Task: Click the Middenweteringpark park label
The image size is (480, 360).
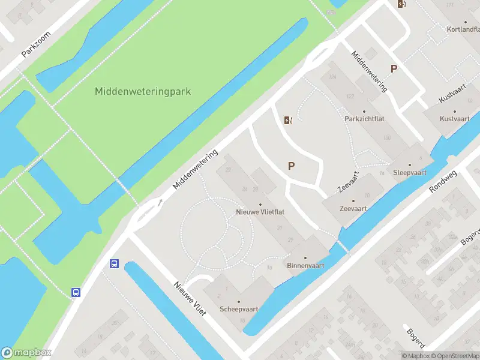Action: coord(143,92)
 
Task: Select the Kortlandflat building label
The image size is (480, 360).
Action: coord(464,29)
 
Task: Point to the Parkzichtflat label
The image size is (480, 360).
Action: coord(364,119)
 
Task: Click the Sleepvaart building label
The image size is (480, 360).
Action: coord(409,172)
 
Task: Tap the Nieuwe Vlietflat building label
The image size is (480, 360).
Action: coord(259,212)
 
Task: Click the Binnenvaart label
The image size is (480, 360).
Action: coord(305,265)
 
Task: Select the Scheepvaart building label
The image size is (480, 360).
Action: coord(239,310)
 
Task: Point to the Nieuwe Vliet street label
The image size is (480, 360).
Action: coord(190,300)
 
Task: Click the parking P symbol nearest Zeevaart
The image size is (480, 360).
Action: coord(292,166)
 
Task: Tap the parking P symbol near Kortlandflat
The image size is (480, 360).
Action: coord(394,68)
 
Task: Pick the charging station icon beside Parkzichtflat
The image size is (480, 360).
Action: coord(289,120)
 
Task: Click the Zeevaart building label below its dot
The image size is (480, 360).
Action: coord(353,209)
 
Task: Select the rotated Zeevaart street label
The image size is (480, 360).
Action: coord(348,181)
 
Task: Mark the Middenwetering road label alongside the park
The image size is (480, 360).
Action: coord(195,170)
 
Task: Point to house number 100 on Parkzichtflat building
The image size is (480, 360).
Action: coord(387,138)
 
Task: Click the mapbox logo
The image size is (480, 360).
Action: coord(26,352)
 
